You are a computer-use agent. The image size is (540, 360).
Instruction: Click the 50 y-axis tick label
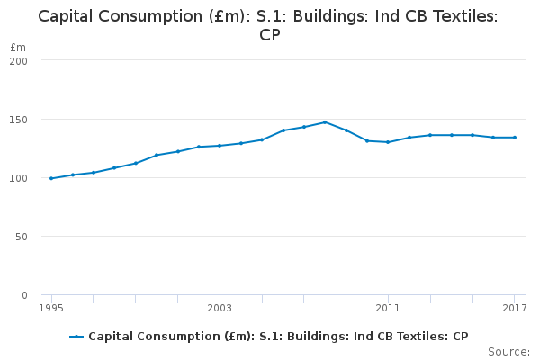pyautogui.click(x=21, y=236)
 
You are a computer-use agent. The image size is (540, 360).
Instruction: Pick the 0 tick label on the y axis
pyautogui.click(x=23, y=294)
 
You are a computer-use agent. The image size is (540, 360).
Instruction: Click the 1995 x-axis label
pyautogui.click(x=51, y=309)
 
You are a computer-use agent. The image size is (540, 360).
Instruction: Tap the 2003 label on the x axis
pyautogui.click(x=220, y=309)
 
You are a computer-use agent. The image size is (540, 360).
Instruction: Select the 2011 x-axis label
pyautogui.click(x=388, y=309)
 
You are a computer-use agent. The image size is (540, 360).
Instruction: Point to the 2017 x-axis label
pyautogui.click(x=514, y=309)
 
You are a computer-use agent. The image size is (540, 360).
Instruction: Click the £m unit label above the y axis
pyautogui.click(x=17, y=47)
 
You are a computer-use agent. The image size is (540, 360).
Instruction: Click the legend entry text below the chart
pyautogui.click(x=278, y=337)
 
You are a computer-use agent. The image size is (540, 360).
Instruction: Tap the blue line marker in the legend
pyautogui.click(x=76, y=337)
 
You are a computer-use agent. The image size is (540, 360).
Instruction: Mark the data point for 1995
pyautogui.click(x=51, y=178)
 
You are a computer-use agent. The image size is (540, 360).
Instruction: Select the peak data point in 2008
pyautogui.click(x=325, y=122)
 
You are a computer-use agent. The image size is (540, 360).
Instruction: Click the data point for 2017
pyautogui.click(x=514, y=138)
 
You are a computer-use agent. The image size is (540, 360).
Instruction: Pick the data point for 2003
pyautogui.click(x=220, y=146)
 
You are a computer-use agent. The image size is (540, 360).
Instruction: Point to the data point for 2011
pyautogui.click(x=388, y=142)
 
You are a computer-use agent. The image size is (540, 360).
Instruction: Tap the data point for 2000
pyautogui.click(x=157, y=155)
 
